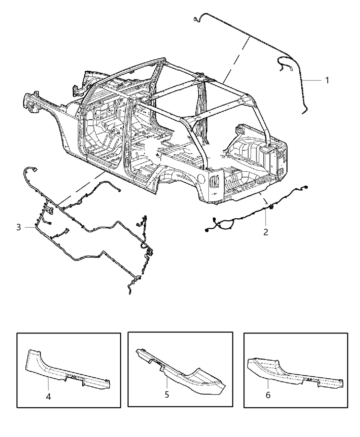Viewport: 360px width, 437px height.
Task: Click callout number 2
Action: pyautogui.click(x=266, y=232)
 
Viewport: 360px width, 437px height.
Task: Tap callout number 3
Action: pyautogui.click(x=19, y=227)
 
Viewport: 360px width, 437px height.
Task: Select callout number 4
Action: pyautogui.click(x=48, y=396)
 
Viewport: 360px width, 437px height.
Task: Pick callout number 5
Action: pyautogui.click(x=167, y=394)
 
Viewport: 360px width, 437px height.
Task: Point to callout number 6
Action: pyautogui.click(x=268, y=395)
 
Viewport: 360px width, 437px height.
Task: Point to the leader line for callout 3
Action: pyautogui.click(x=29, y=227)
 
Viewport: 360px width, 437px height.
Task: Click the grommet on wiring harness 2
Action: pyautogui.click(x=271, y=207)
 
